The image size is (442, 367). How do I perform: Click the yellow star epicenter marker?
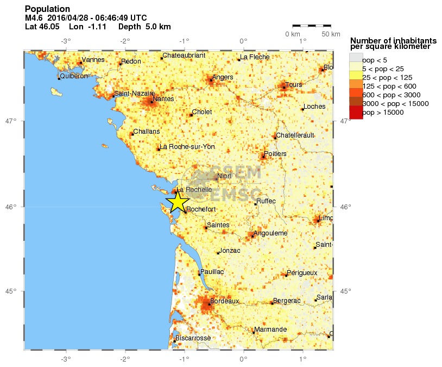pos(178,202)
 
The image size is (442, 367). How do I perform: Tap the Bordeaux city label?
pos(224,301)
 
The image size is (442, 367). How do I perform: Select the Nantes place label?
pos(163,99)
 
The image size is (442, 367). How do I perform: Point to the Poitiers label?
pos(275,154)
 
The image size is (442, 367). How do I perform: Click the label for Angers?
pos(223,77)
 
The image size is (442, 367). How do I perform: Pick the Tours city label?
pos(293,85)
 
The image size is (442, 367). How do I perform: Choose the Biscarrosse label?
pos(193,338)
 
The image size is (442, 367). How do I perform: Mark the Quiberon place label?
pos(74,76)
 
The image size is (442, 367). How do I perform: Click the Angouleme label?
pos(270,233)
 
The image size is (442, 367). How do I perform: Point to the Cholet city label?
pos(201,112)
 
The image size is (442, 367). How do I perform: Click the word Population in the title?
pos(48,9)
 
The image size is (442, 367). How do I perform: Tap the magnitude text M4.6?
pos(34,18)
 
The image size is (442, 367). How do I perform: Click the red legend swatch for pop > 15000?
pos(355,113)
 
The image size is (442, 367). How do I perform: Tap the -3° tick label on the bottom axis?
pos(66,358)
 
